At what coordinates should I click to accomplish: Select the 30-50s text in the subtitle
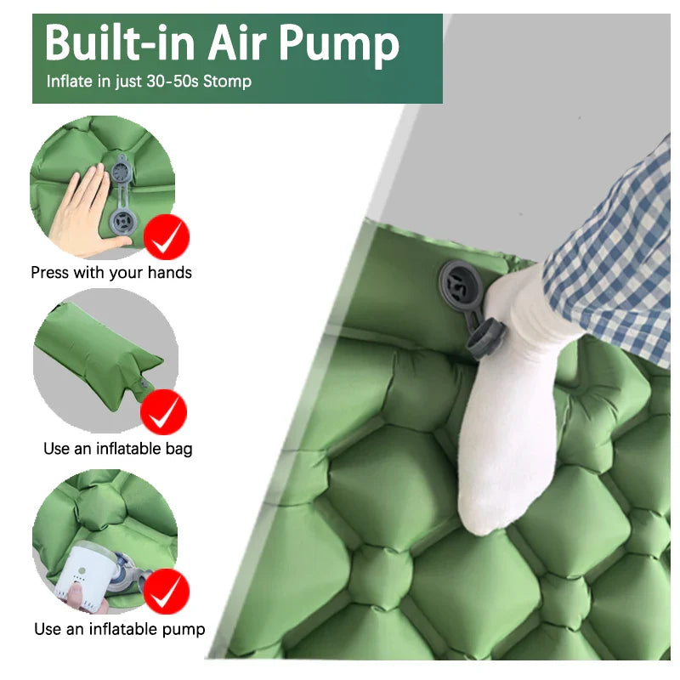point(167,82)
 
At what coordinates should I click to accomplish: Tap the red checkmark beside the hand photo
point(167,237)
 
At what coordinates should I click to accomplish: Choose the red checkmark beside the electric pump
point(167,592)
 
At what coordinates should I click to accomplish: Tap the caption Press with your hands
point(111,273)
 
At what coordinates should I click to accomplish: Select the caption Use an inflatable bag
point(118,448)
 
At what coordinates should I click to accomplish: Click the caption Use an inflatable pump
point(120,629)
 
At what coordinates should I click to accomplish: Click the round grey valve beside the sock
point(460,281)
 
